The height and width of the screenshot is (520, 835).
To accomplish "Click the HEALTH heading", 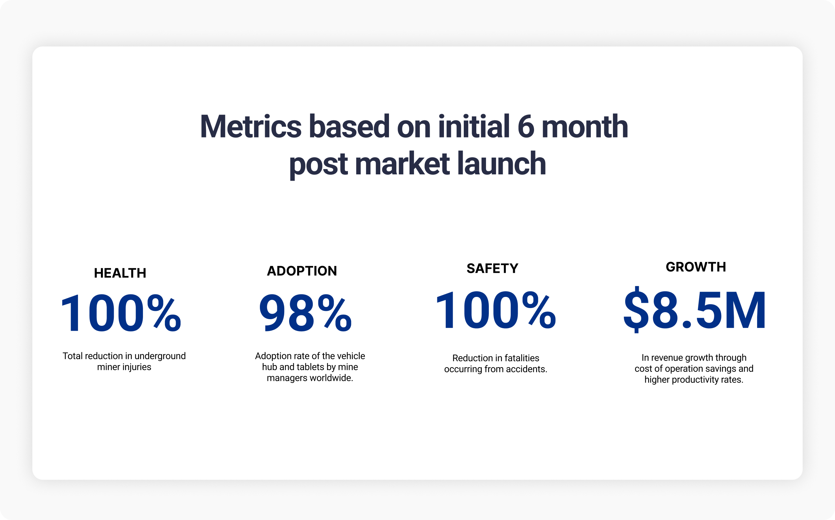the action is click(120, 273).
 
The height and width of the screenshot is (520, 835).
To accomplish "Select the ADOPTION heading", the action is click(302, 271).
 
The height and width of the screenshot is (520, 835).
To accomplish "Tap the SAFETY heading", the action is click(492, 268).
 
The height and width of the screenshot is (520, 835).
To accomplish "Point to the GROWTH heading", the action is click(696, 267).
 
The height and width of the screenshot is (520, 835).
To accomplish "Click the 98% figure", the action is click(305, 312).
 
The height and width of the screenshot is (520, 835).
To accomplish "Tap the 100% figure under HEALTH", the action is click(121, 313).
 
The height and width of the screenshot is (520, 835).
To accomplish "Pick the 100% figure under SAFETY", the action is click(495, 310).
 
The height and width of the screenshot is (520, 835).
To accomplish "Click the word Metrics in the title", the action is click(251, 127).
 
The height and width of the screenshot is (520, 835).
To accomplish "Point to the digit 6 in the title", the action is click(526, 127).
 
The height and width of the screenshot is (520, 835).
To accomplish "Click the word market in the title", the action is click(402, 164).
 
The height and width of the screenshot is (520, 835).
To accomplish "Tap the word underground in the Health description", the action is click(160, 356).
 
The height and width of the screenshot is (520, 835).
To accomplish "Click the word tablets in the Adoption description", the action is click(310, 367).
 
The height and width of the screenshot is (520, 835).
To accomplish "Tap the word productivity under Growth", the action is click(694, 380).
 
